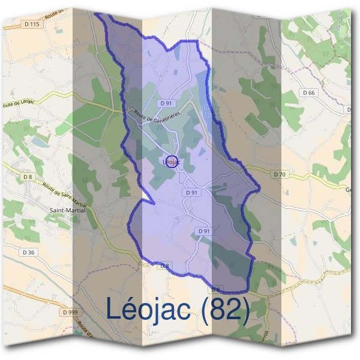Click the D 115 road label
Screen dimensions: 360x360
tap(34, 24)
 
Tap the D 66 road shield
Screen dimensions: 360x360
tap(308, 92)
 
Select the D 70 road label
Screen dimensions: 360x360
tap(279, 174)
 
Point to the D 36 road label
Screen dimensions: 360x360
tap(28, 252)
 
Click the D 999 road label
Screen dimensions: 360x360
tap(70, 312)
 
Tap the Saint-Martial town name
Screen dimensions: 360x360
tap(67, 210)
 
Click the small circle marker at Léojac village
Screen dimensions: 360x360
tap(170, 161)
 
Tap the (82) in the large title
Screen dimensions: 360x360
tap(224, 309)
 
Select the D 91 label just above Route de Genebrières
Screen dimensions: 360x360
tap(166, 103)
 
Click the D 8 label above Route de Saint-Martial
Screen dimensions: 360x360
tap(28, 176)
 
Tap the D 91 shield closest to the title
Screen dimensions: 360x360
tap(203, 231)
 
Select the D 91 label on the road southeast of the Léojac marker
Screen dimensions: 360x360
tap(191, 192)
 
